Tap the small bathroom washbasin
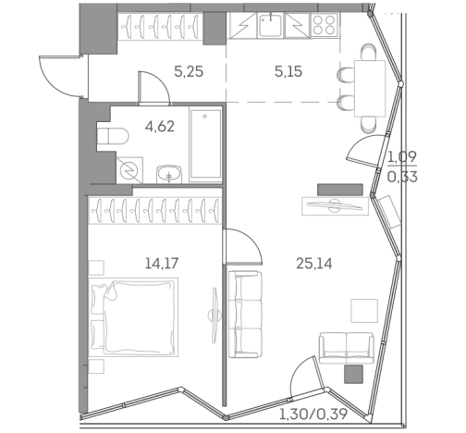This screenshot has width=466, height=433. point(167,173)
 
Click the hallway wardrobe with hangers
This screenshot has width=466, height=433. point(160,24)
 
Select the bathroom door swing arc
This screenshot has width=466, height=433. point(150,85)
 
